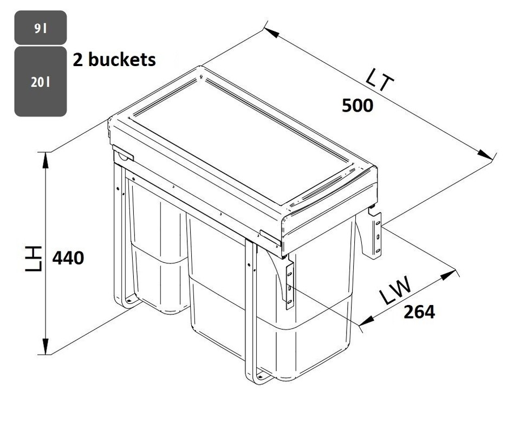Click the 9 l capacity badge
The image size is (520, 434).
click(x=41, y=28)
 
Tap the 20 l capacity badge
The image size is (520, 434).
click(x=41, y=82)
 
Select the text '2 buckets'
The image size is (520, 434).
click(x=114, y=60)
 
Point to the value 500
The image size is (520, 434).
click(x=357, y=106)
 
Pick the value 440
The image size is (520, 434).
click(x=68, y=258)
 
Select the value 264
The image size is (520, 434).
click(x=419, y=312)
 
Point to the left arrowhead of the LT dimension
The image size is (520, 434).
click(x=271, y=32)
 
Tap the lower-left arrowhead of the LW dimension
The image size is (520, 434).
click(x=366, y=322)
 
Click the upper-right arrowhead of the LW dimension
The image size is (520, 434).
click(x=447, y=275)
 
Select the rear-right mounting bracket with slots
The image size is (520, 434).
click(x=375, y=234)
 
